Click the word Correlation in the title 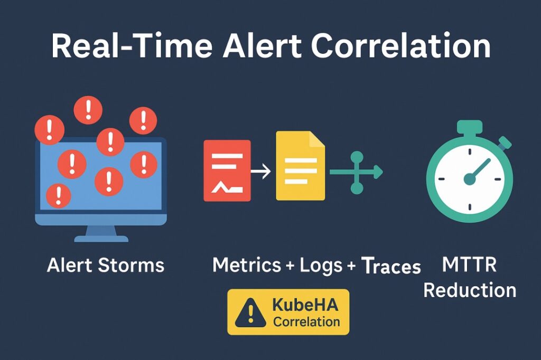401,45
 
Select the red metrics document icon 227,170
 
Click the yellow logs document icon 300,166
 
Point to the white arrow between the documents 261,172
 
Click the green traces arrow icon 357,172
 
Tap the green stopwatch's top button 470,127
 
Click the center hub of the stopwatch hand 470,179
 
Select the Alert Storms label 106,265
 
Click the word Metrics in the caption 247,265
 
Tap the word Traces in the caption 391,266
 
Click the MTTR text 469,265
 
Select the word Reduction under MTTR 470,290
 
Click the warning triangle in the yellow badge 250,313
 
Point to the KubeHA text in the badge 305,305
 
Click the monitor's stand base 101,239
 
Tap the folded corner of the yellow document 317,139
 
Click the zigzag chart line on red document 227,187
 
